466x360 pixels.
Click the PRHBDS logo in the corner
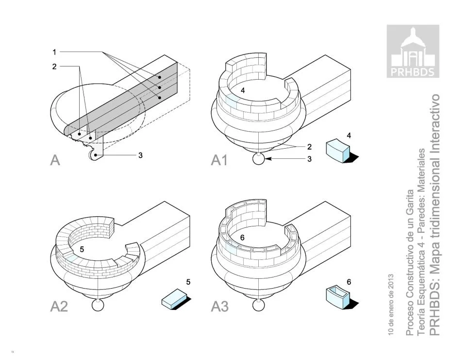(x=413, y=51)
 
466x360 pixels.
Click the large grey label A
(x=55, y=160)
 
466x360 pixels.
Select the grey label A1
(x=219, y=160)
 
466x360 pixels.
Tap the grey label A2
(x=59, y=307)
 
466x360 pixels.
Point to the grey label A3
(x=219, y=307)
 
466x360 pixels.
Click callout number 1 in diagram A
(x=54, y=52)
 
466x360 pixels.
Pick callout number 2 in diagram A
(x=54, y=67)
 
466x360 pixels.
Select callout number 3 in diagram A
(x=140, y=155)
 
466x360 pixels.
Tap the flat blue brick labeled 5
(x=174, y=299)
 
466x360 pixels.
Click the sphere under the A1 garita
(x=258, y=159)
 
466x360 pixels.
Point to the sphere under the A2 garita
(x=98, y=305)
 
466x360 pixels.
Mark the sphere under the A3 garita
(x=258, y=305)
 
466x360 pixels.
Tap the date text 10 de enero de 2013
(x=391, y=304)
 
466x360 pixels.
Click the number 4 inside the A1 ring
(x=243, y=90)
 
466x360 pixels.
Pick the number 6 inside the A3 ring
(x=242, y=238)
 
